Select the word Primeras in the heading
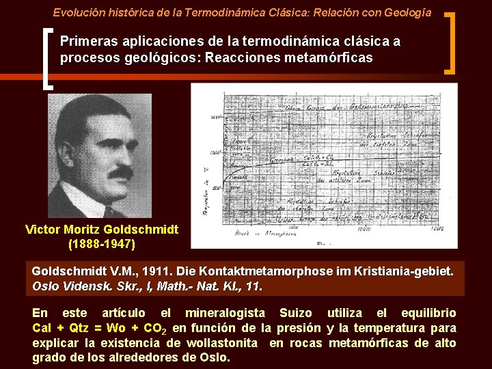click(x=84, y=41)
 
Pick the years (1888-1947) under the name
click(x=102, y=243)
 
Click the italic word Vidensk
click(x=85, y=286)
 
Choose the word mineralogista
click(x=224, y=313)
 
